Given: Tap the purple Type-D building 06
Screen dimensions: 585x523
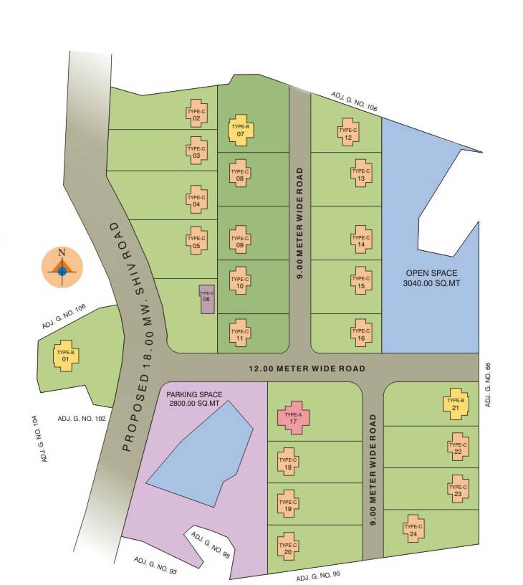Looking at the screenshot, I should tap(206, 298).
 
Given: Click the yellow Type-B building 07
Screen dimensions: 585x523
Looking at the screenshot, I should tap(241, 130).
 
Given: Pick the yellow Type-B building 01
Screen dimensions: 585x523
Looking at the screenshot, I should tap(66, 355).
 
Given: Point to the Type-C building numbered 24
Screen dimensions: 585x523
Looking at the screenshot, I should tap(411, 530).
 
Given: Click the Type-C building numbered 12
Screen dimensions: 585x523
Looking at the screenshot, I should tap(347, 133).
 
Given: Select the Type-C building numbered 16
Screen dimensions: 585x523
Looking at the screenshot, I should tap(361, 334).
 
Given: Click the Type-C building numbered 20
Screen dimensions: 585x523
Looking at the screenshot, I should tap(288, 548).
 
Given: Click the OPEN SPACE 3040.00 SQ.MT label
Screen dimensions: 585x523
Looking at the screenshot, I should tap(429, 278).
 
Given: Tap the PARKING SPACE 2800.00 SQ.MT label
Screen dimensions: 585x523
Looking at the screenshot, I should tap(195, 399).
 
